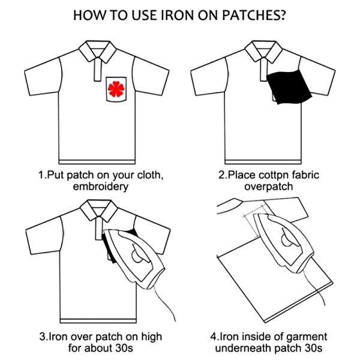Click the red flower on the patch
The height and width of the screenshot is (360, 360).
pyautogui.click(x=116, y=89)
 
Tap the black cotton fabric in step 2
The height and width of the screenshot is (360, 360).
pyautogui.click(x=289, y=87)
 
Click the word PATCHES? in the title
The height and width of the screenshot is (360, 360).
pyautogui.click(x=254, y=16)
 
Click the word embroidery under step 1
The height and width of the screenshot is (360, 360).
pyautogui.click(x=101, y=187)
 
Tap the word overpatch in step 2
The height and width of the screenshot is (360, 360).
pyautogui.click(x=268, y=187)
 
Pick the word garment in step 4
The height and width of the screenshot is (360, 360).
pyautogui.click(x=306, y=337)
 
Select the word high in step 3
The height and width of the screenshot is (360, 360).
pyautogui.click(x=152, y=337)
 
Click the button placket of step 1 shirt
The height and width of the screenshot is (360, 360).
pyautogui.click(x=98, y=70)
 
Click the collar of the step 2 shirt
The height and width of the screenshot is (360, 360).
pyautogui.click(x=263, y=51)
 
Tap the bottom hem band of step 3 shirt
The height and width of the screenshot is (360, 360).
pyautogui.click(x=98, y=321)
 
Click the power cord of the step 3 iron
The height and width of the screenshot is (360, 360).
pyautogui.click(x=164, y=301)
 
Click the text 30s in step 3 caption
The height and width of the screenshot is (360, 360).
pyautogui.click(x=124, y=348)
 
